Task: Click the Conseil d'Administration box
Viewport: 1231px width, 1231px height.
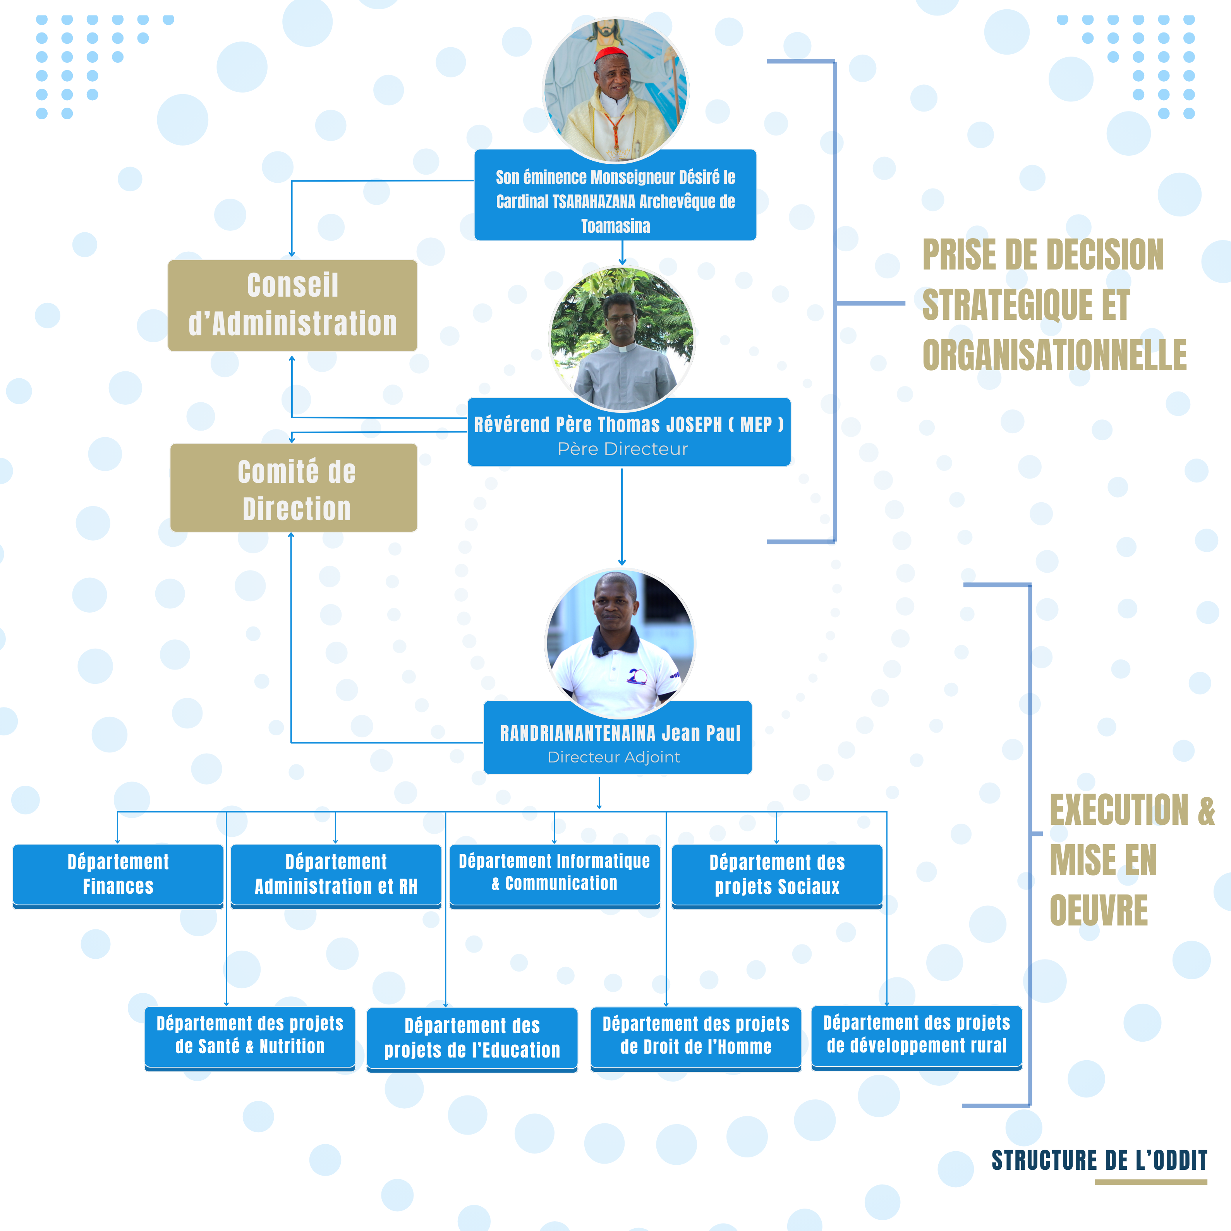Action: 292,305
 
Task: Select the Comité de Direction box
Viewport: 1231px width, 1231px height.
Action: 294,488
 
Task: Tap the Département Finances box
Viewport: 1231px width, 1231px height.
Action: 118,874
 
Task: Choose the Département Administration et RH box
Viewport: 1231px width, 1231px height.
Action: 336,874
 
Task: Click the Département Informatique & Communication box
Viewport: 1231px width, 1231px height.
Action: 555,873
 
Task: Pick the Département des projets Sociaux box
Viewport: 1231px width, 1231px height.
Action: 777,874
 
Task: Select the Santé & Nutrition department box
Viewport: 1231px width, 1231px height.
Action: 250,1036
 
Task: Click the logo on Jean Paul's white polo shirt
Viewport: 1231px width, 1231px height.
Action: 637,676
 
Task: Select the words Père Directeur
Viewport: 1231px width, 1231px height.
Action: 623,449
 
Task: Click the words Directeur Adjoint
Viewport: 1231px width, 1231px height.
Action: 614,757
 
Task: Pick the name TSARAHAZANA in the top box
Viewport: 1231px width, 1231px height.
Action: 594,202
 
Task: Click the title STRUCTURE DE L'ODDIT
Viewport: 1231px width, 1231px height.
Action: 1099,1160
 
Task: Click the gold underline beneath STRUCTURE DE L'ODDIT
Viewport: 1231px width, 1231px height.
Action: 1151,1182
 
